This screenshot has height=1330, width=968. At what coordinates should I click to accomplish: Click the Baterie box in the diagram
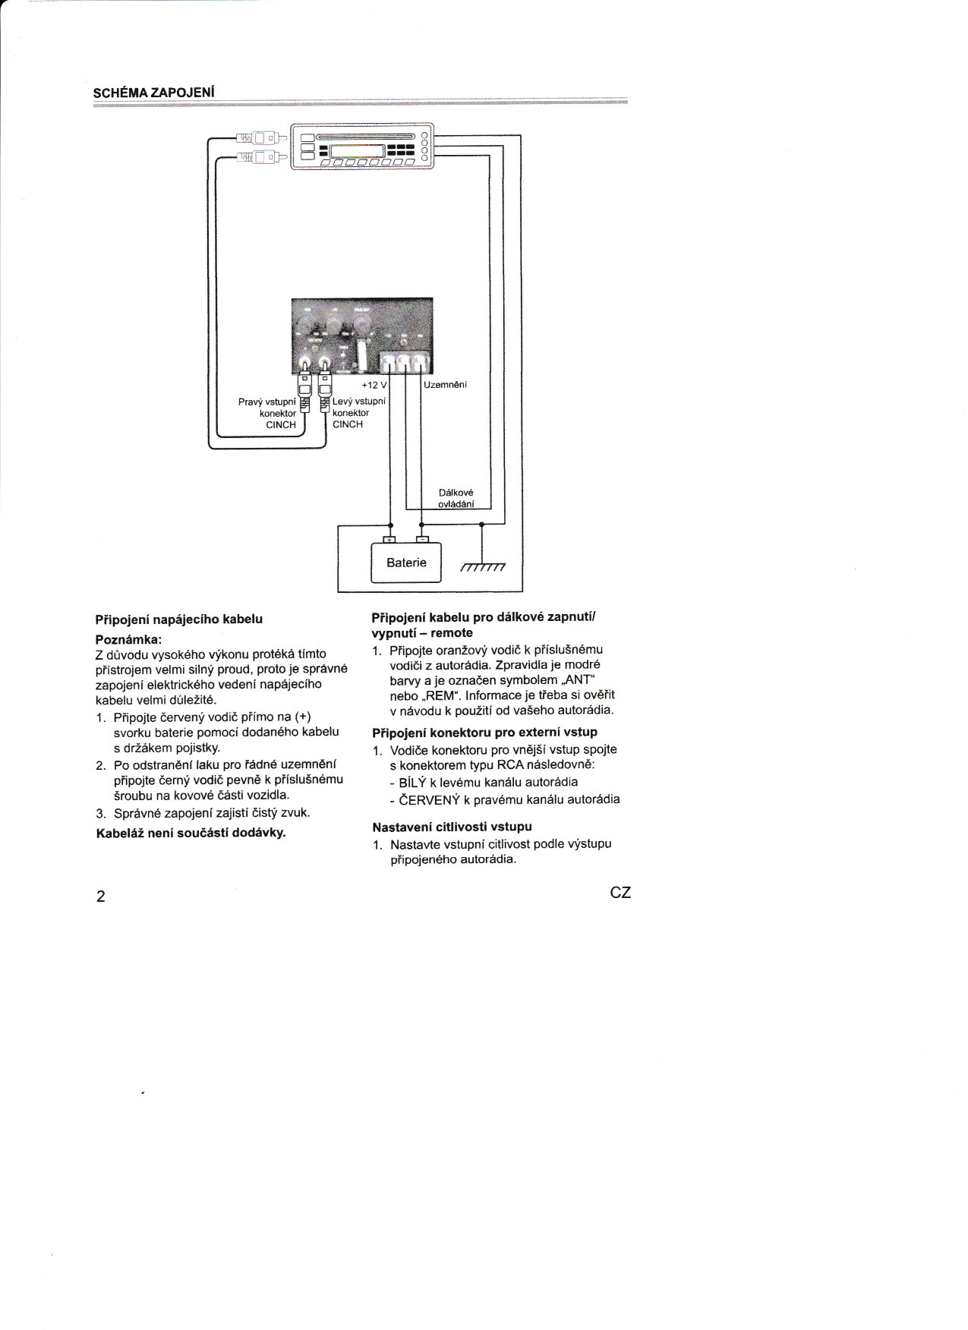pyautogui.click(x=405, y=563)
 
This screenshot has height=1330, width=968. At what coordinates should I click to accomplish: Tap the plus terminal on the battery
pyautogui.click(x=390, y=540)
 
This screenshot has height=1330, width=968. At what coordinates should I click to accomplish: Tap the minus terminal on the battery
pyautogui.click(x=422, y=540)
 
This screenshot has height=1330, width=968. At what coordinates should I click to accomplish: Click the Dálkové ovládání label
pyautogui.click(x=456, y=499)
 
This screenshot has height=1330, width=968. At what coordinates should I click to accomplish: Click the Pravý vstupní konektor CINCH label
pyautogui.click(x=267, y=413)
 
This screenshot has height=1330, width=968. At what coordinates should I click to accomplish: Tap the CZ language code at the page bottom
pyautogui.click(x=620, y=893)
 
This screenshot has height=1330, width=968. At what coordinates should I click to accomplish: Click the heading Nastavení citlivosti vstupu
pyautogui.click(x=452, y=827)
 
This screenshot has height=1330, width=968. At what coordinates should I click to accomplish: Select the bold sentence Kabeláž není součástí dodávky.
pyautogui.click(x=190, y=833)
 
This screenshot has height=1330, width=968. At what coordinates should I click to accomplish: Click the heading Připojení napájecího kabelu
pyautogui.click(x=178, y=619)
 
